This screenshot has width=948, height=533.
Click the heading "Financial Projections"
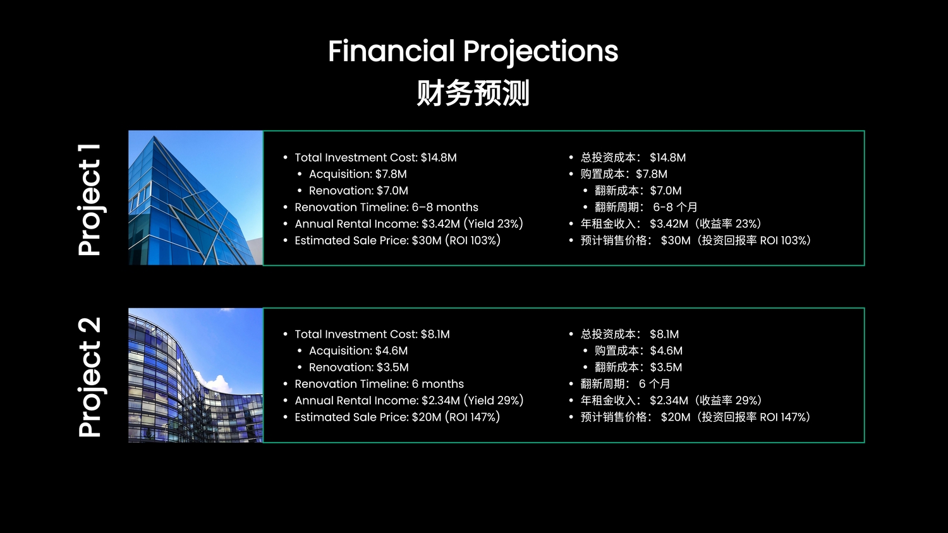473,52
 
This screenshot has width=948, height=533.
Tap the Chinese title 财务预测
473,93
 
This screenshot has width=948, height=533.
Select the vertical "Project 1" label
90,200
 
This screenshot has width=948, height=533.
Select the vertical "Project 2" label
90,376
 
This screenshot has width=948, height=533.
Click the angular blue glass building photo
195,198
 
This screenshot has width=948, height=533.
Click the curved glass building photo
195,375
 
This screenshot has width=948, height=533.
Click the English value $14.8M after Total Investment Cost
439,158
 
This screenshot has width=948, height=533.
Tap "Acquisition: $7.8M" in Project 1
358,174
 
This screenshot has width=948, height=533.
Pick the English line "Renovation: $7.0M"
358,191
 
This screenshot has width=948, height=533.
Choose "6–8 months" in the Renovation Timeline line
445,207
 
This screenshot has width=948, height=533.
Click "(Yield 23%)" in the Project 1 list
493,224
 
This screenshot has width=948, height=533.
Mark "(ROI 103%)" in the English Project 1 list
473,240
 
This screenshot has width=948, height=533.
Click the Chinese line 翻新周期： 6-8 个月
646,207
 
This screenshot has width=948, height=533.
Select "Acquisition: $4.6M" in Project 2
358,350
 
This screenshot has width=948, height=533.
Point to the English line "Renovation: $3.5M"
358,367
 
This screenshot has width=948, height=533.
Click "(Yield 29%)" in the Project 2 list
494,400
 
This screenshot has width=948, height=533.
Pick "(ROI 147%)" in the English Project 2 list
472,417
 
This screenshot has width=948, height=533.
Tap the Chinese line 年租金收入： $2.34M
635,400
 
